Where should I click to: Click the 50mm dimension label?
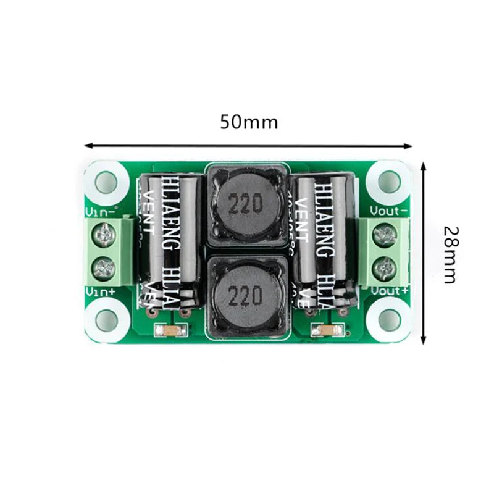click(x=249, y=122)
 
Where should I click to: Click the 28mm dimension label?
click(x=449, y=254)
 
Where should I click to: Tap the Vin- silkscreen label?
click(x=100, y=211)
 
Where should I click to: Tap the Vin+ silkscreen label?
click(x=100, y=291)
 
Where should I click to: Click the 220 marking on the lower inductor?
click(x=245, y=298)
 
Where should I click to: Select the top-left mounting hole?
click(x=106, y=181)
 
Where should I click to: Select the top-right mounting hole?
click(x=389, y=180)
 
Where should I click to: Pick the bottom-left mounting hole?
click(x=106, y=319)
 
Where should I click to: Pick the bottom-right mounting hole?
click(x=389, y=319)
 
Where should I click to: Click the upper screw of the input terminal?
click(x=104, y=234)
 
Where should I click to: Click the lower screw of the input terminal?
click(x=104, y=268)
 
